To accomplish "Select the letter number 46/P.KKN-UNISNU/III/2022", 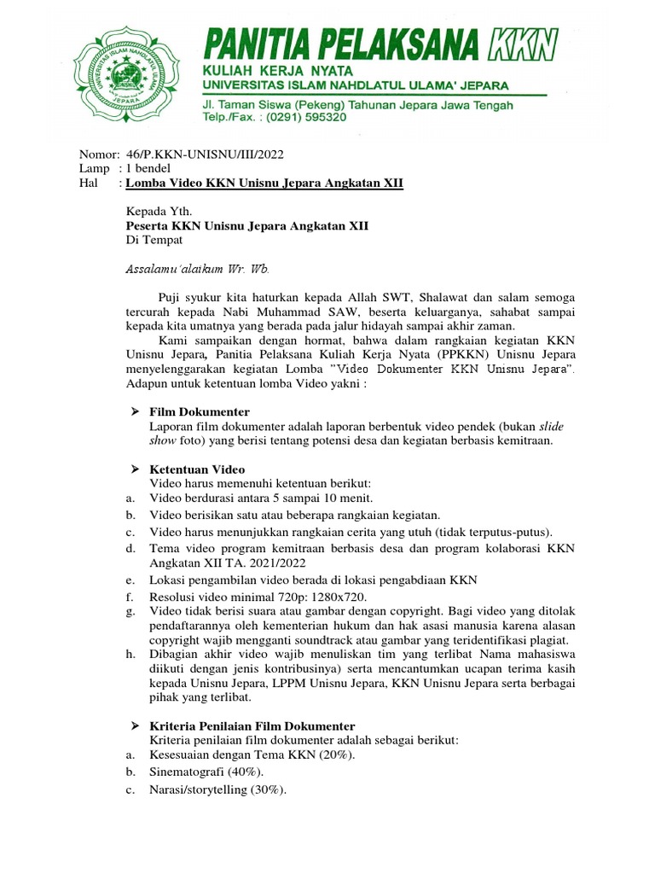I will click(205, 154).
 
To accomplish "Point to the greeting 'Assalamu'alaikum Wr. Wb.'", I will click(198, 269).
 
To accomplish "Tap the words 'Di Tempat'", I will click(154, 240).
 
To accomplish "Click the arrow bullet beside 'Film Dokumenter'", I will click(134, 412).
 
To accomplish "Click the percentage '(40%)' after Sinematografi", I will click(229, 772).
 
